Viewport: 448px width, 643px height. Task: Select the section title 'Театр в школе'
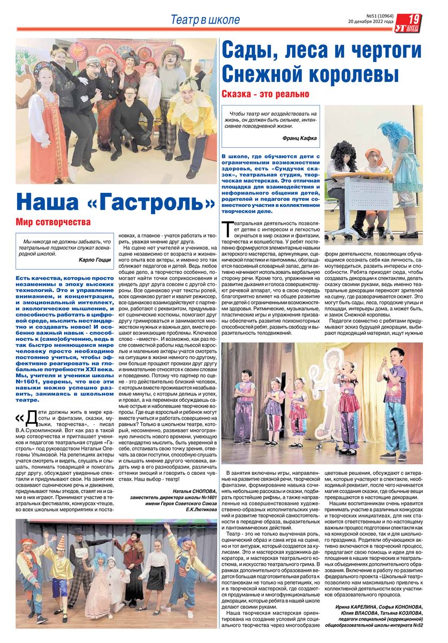coord(205,20)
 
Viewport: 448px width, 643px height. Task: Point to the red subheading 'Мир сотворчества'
coord(53,221)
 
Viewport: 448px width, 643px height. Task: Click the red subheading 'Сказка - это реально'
coord(265,94)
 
